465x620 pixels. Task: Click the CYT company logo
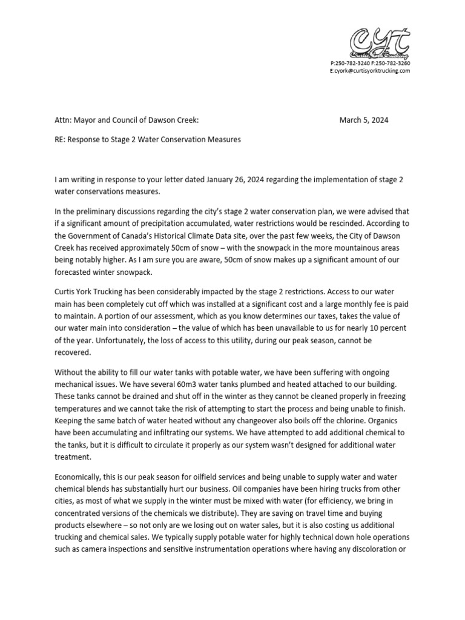[380, 43]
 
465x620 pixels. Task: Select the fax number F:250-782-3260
[391, 63]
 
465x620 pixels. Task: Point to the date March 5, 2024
[364, 120]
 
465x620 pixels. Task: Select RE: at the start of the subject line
[61, 139]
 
